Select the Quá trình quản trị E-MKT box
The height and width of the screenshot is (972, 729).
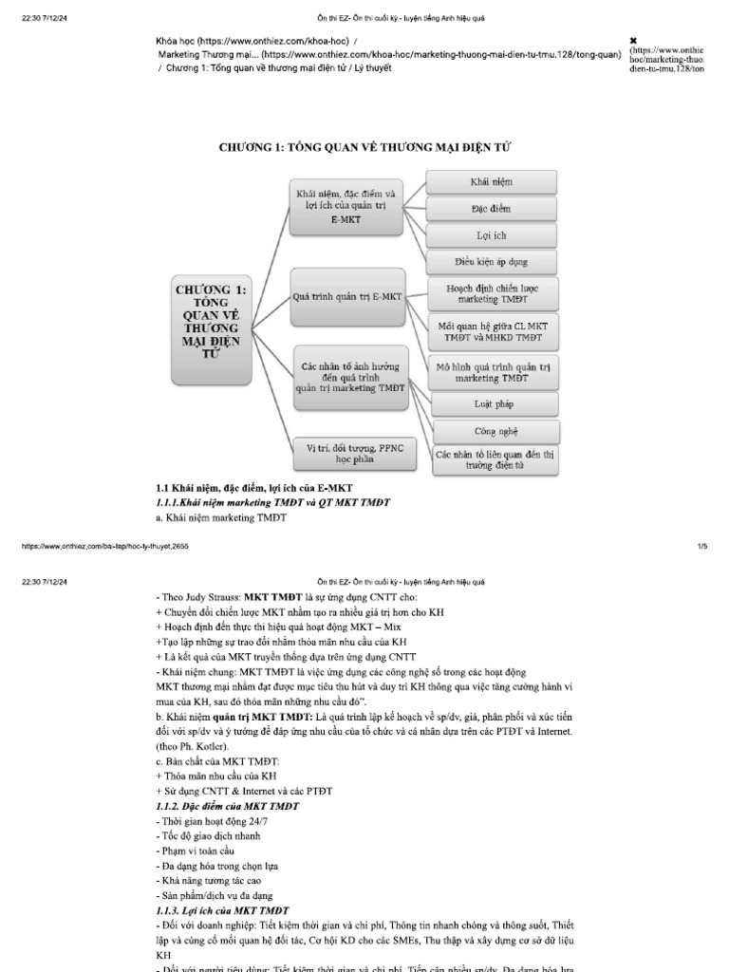point(347,297)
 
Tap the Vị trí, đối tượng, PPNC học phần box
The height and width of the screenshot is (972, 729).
point(347,453)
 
